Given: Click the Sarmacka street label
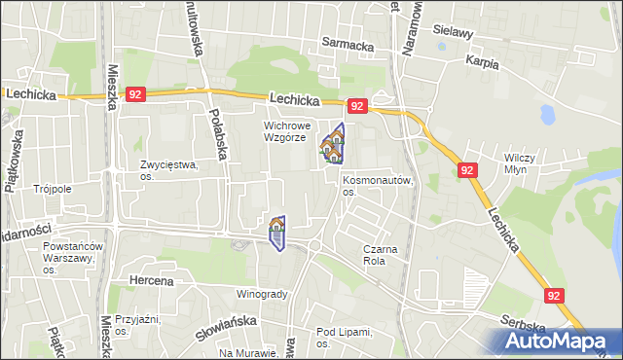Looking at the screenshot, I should pyautogui.click(x=348, y=44).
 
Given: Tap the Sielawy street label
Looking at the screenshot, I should pyautogui.click(x=454, y=32).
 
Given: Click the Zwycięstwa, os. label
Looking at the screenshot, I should pyautogui.click(x=168, y=169).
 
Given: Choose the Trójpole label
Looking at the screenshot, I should pyautogui.click(x=53, y=189).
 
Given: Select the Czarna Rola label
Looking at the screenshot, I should pyautogui.click(x=379, y=254).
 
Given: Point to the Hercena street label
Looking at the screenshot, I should pyautogui.click(x=151, y=280).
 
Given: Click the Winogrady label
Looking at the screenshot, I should pyautogui.click(x=262, y=293).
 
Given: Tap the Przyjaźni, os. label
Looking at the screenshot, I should pyautogui.click(x=135, y=325).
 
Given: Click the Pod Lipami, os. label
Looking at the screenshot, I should pyautogui.click(x=340, y=338).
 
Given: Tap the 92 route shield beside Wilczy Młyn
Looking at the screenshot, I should pyautogui.click(x=468, y=169).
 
